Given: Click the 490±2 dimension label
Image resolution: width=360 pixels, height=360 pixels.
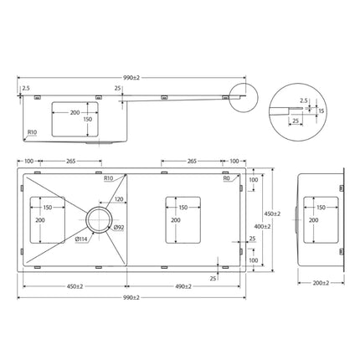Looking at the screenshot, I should click(x=186, y=286).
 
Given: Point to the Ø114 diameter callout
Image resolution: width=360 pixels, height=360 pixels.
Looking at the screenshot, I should click(x=82, y=239).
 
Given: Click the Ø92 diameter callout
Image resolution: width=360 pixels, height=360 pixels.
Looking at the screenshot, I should click(x=118, y=227).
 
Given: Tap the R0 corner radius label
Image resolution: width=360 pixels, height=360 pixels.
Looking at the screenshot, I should click(x=227, y=179).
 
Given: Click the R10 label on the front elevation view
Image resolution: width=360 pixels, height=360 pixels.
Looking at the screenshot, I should click(x=31, y=132).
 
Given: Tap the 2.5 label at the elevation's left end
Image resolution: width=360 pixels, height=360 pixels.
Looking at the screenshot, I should click(x=26, y=87).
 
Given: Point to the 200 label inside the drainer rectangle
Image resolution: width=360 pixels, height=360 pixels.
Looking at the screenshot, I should click(x=175, y=220).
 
